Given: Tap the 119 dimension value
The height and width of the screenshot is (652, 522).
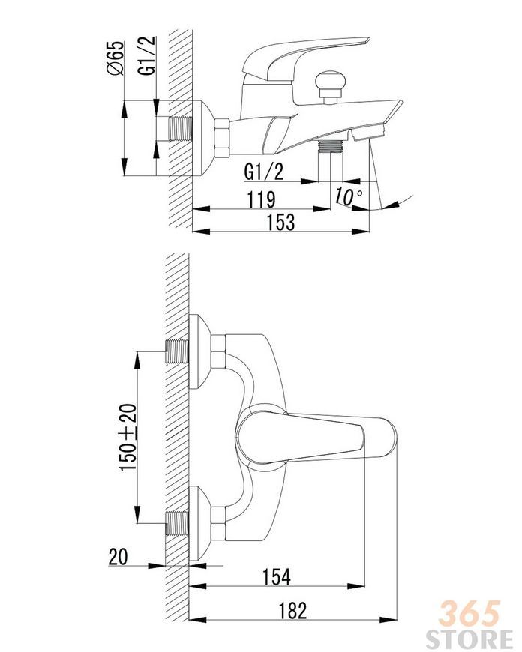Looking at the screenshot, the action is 262,199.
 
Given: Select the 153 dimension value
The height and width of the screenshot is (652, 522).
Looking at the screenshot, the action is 281,221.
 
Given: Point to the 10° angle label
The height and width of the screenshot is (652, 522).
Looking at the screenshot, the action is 348,196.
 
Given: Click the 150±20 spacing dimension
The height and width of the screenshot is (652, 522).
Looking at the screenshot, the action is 128,437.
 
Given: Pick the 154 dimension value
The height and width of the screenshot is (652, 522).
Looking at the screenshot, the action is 277,577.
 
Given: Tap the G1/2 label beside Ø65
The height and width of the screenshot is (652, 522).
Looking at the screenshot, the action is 147,55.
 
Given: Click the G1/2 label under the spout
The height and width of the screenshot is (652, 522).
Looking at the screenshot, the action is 264,172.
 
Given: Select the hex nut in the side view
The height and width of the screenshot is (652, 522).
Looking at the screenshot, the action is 222,139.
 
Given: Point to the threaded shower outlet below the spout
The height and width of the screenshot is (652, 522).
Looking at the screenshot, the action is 331,147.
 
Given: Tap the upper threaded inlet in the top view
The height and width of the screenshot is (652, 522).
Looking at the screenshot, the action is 177,351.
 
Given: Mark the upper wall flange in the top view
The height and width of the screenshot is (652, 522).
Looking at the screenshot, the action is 199,351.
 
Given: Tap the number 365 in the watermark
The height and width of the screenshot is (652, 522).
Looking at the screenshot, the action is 469,613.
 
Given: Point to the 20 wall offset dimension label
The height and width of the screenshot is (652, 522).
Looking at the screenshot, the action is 118,556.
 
